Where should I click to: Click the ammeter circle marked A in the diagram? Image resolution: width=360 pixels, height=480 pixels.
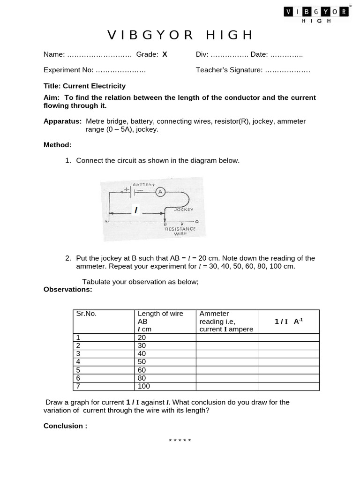point(160,192)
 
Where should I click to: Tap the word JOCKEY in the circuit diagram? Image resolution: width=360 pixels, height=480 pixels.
point(184,210)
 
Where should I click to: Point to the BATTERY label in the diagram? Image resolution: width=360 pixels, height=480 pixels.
point(144,185)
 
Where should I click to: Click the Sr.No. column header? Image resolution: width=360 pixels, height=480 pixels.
point(86,314)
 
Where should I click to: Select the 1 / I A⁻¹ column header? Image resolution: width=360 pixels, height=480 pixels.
point(289,321)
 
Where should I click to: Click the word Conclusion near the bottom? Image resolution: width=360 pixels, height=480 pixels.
point(65,426)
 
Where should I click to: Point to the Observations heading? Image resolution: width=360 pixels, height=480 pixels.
point(68,289)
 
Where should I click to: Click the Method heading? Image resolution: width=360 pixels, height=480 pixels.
point(58,145)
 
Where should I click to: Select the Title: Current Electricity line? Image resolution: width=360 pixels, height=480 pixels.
point(84,86)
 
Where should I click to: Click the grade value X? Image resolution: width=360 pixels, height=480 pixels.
point(165,54)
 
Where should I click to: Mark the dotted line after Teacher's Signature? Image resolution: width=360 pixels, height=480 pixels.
point(287,70)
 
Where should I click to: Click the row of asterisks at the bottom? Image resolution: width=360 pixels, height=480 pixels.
point(180,441)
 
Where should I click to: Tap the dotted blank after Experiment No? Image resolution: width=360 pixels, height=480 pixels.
point(120,70)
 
